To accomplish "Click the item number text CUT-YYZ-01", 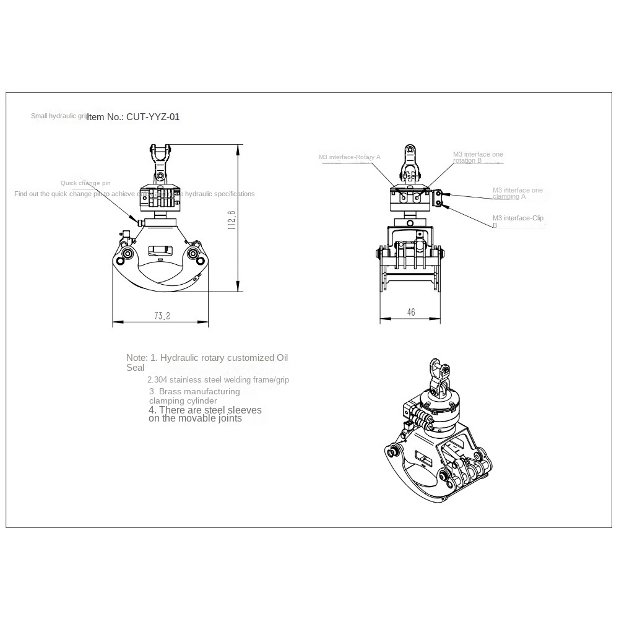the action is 133,116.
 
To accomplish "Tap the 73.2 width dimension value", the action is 162,316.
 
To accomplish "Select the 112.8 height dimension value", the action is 232,219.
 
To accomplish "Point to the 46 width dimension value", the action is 411,313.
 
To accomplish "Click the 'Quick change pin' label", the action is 85,183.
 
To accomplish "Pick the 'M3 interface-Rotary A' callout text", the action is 349,157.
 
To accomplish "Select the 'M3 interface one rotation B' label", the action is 477,157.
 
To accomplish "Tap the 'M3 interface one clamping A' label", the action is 517,193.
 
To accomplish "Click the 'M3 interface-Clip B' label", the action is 517,221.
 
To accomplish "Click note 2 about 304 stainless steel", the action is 218,380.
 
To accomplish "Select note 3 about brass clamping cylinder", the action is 194,396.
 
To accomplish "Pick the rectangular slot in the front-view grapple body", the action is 160,251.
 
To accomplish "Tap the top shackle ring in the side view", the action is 409,150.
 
